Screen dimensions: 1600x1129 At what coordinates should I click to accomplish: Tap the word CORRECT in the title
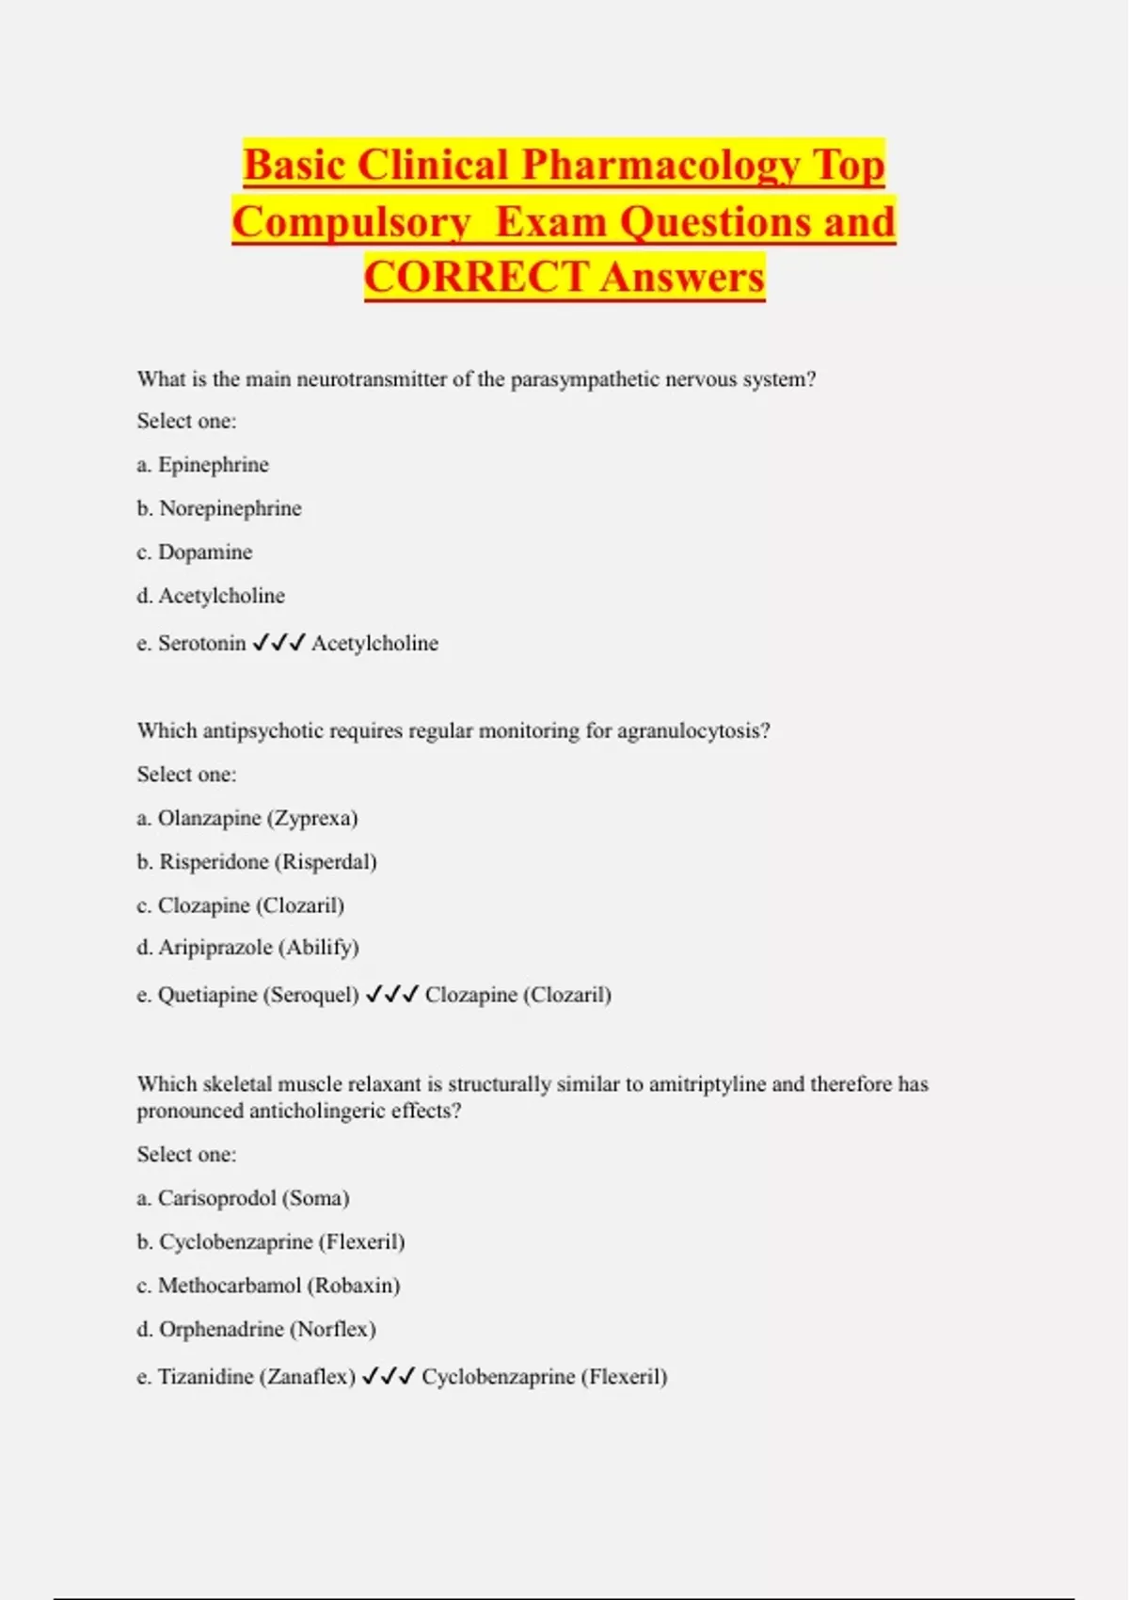click(476, 278)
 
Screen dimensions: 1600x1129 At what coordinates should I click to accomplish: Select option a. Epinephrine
click(203, 465)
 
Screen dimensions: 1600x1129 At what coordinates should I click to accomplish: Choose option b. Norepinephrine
click(219, 508)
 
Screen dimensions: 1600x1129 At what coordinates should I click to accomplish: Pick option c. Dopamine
click(195, 552)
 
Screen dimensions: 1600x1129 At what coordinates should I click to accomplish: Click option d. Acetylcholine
click(211, 596)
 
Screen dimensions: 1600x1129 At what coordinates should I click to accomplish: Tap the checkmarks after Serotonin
click(279, 643)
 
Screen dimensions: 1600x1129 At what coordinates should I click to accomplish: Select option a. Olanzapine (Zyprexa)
click(247, 818)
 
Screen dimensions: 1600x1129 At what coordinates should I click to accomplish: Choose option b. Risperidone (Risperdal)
click(257, 862)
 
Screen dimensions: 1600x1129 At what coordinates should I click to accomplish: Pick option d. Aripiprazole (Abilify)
click(248, 948)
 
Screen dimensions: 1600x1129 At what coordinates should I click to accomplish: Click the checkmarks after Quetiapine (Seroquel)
click(391, 995)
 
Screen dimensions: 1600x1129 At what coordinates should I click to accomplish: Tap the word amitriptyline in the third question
click(708, 1084)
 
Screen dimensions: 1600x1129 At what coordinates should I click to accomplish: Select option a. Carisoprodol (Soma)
click(244, 1198)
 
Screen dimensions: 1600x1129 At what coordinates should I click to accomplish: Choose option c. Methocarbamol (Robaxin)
click(269, 1286)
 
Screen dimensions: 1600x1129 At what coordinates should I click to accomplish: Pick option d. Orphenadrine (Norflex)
click(257, 1329)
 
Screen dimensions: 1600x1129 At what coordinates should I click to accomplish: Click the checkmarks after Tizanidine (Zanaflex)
click(389, 1377)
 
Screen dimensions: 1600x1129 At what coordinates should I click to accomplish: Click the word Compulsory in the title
click(352, 222)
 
